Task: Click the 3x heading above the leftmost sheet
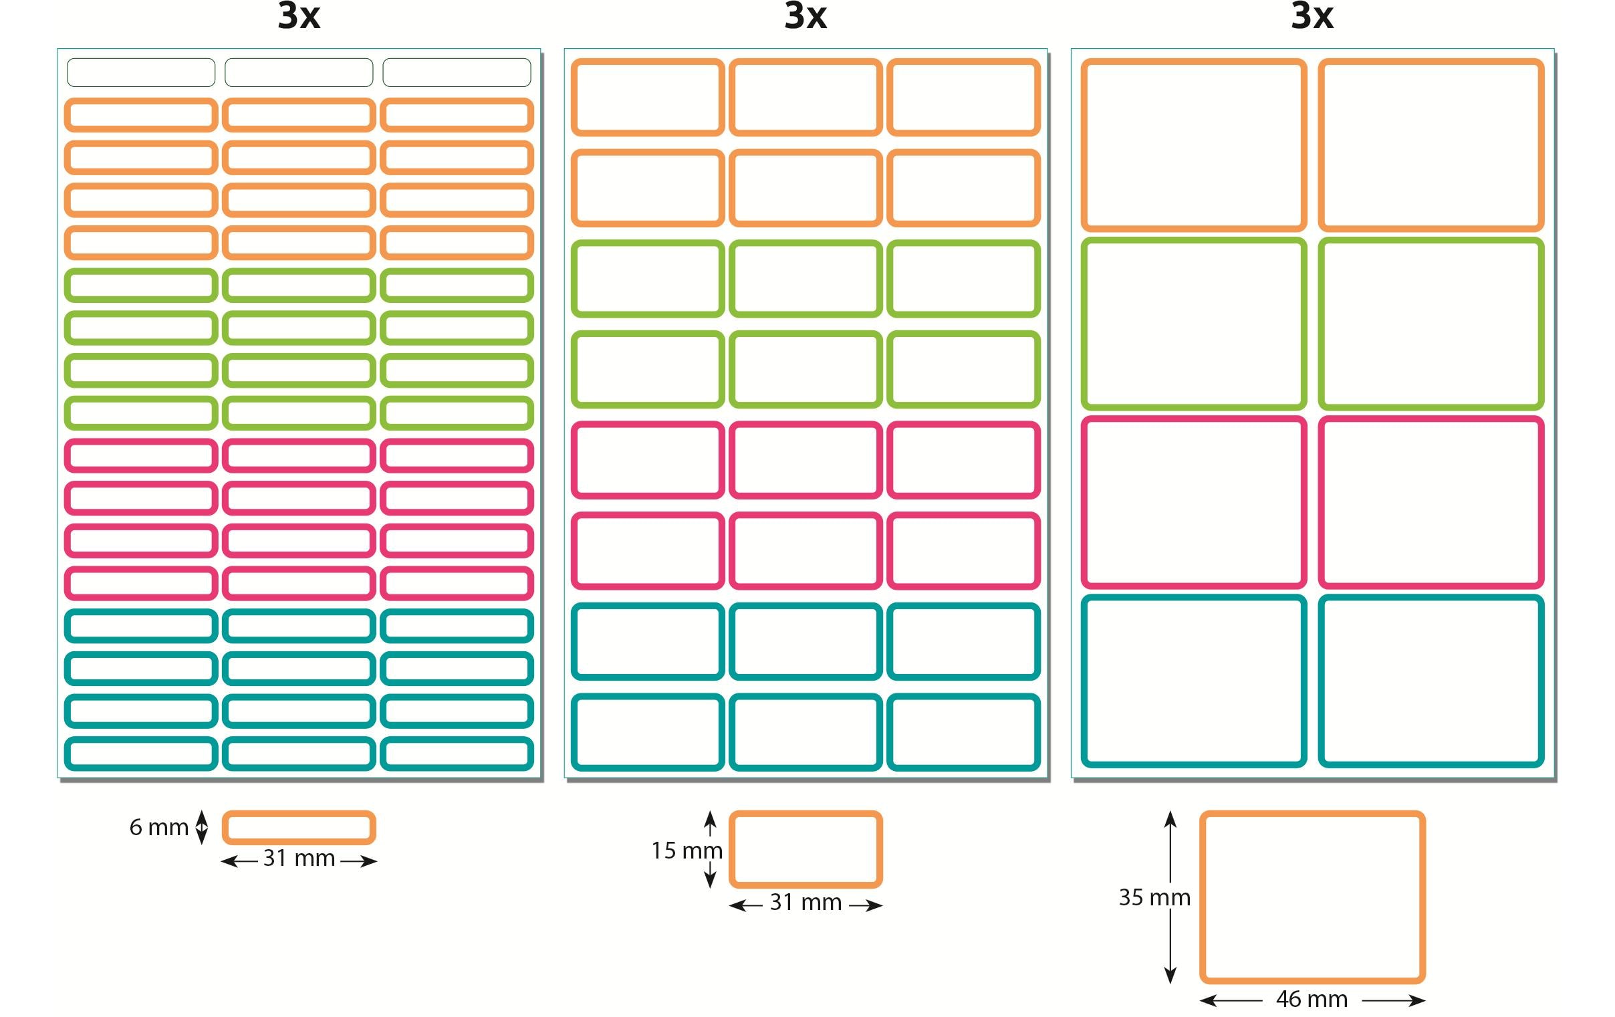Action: pyautogui.click(x=299, y=16)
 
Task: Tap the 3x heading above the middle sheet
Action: pyautogui.click(x=805, y=16)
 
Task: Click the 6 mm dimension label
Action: pyautogui.click(x=158, y=827)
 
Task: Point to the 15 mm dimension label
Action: pyautogui.click(x=686, y=851)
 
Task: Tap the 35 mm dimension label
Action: pyautogui.click(x=1154, y=897)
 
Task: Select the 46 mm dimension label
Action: pyautogui.click(x=1311, y=999)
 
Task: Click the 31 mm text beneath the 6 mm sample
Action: pyautogui.click(x=298, y=858)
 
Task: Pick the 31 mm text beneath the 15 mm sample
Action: pyautogui.click(x=805, y=902)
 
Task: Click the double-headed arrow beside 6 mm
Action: pyautogui.click(x=201, y=826)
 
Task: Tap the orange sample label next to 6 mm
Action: pyautogui.click(x=298, y=827)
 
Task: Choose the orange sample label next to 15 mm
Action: pyautogui.click(x=805, y=849)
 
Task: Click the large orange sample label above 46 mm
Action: pyautogui.click(x=1312, y=897)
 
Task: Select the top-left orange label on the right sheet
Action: pyautogui.click(x=1193, y=145)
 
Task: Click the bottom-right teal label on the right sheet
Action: pyautogui.click(x=1431, y=680)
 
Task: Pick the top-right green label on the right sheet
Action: pyautogui.click(x=1431, y=324)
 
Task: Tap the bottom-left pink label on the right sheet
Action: pyautogui.click(x=1193, y=501)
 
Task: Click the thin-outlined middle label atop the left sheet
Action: pyautogui.click(x=298, y=72)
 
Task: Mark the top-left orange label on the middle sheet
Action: pyautogui.click(x=647, y=97)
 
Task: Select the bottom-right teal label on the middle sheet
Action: pyautogui.click(x=963, y=732)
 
